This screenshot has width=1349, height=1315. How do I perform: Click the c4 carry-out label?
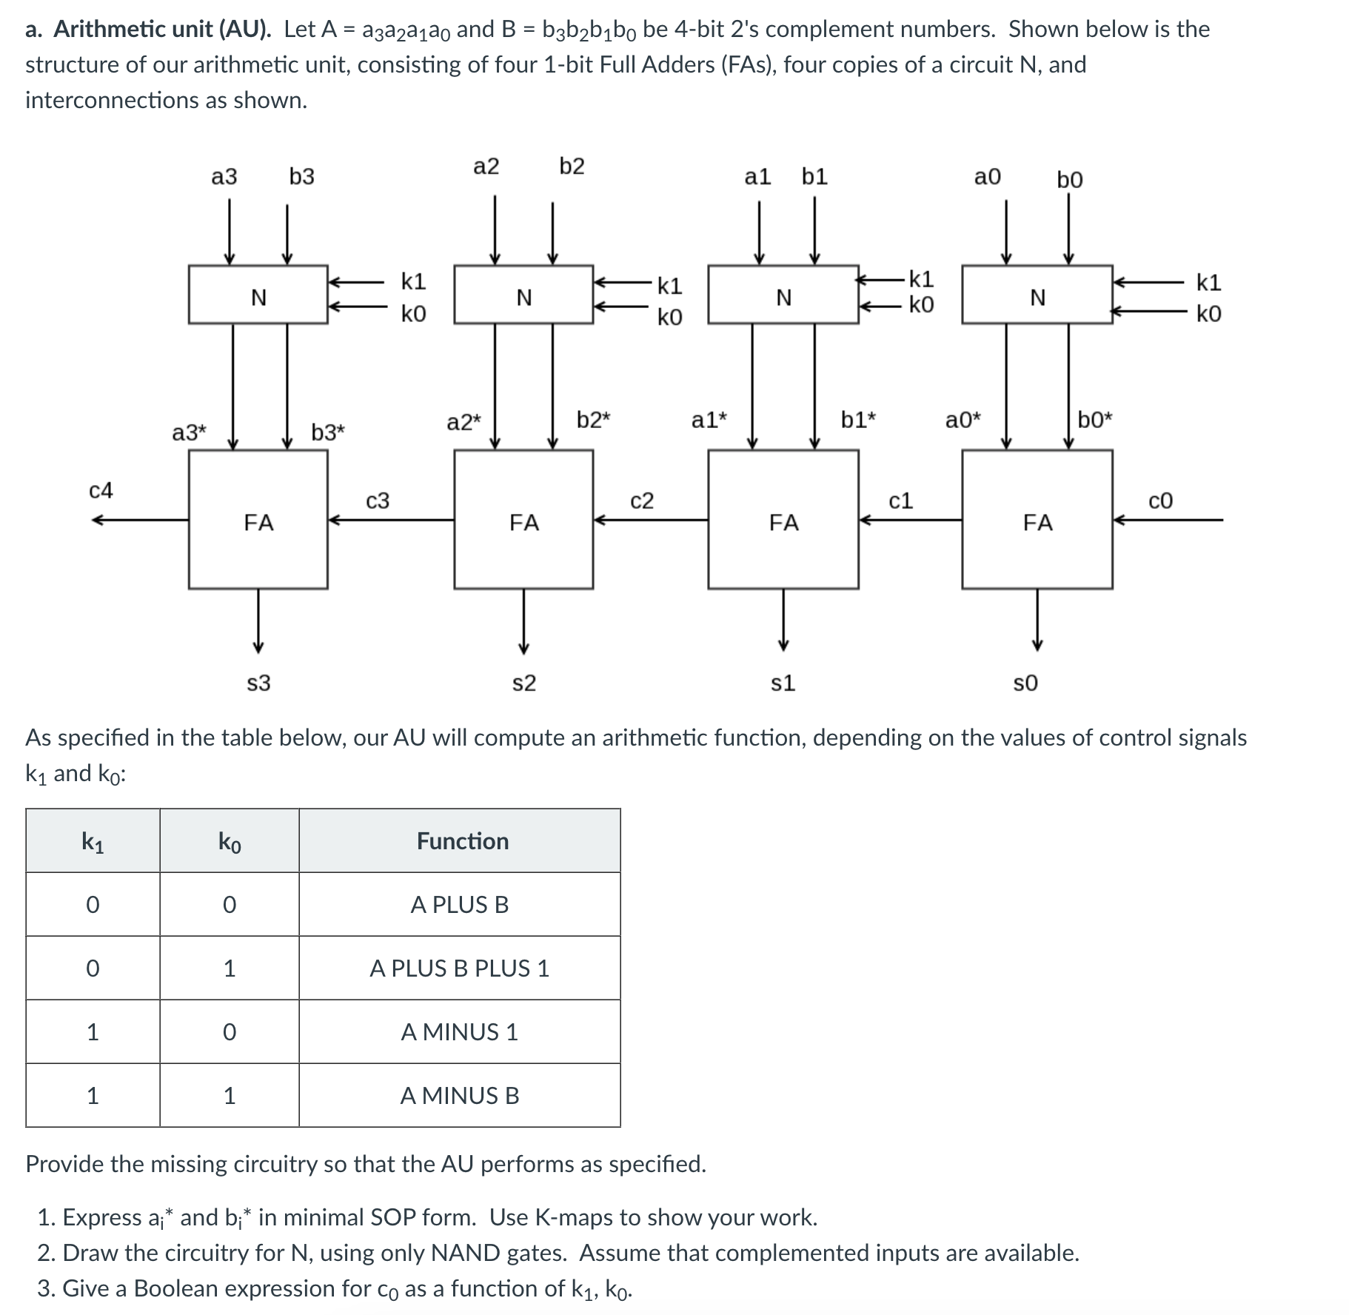[101, 490]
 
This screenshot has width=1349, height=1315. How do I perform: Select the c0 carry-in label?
[1160, 501]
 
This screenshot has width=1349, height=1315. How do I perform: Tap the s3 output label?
[258, 683]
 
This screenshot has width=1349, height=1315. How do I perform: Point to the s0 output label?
[1025, 683]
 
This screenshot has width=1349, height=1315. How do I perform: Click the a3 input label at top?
[224, 177]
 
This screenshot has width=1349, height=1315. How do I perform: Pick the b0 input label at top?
[1069, 180]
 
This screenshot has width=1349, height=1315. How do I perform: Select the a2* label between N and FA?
[463, 423]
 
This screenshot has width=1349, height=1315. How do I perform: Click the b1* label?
[858, 421]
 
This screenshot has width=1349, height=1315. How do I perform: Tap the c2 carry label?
[642, 501]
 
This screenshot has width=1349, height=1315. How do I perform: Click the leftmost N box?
[258, 295]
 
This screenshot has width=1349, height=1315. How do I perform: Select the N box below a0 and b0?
[1037, 295]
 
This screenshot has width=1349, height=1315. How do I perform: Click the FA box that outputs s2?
[523, 520]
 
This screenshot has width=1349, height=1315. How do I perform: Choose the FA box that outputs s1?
[783, 520]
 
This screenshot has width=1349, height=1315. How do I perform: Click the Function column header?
[462, 841]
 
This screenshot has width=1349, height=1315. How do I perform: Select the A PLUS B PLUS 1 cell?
[459, 968]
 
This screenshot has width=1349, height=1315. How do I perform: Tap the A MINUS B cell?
[459, 1096]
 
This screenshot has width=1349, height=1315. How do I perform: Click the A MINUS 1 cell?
[459, 1032]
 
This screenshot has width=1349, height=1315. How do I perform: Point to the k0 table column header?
[230, 842]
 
